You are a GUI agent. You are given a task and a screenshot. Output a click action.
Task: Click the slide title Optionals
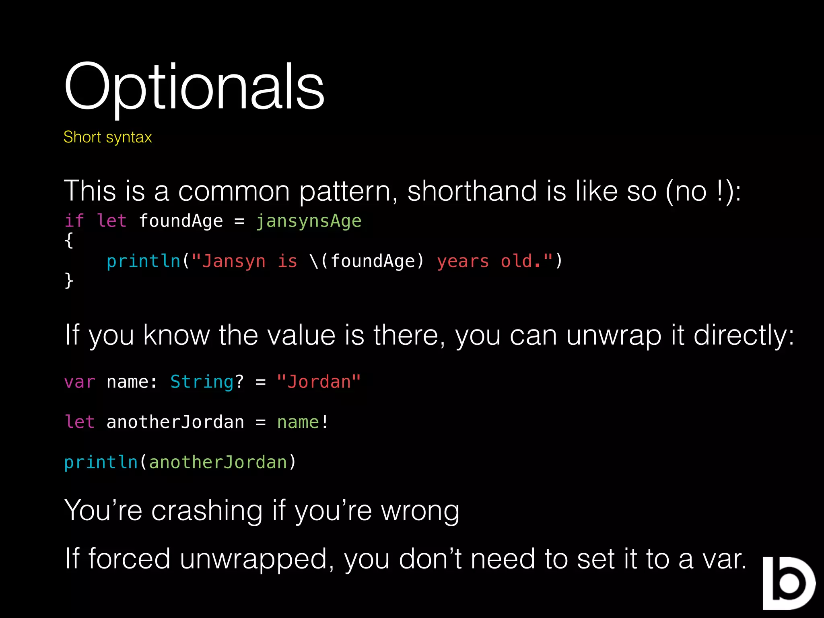194,87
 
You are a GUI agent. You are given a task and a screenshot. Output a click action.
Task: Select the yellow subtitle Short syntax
107,137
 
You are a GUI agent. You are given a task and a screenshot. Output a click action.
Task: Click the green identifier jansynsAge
309,221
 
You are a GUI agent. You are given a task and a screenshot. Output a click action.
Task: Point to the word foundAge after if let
181,221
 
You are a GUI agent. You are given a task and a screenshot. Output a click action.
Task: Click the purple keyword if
74,221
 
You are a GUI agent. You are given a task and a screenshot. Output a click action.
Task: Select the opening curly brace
69,240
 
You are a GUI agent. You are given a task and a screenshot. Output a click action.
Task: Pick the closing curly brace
69,280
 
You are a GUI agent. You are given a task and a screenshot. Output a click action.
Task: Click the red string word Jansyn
233,261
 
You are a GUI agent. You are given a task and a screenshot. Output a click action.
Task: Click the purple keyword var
80,382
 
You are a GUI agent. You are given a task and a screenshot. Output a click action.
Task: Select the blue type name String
202,382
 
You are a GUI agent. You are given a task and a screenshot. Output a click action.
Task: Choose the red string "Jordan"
319,382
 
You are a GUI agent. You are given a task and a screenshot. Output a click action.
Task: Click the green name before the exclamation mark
298,422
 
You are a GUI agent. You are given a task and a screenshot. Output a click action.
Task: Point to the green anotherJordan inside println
218,462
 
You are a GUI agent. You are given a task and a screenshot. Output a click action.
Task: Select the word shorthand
472,191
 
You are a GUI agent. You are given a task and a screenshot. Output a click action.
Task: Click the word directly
744,335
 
